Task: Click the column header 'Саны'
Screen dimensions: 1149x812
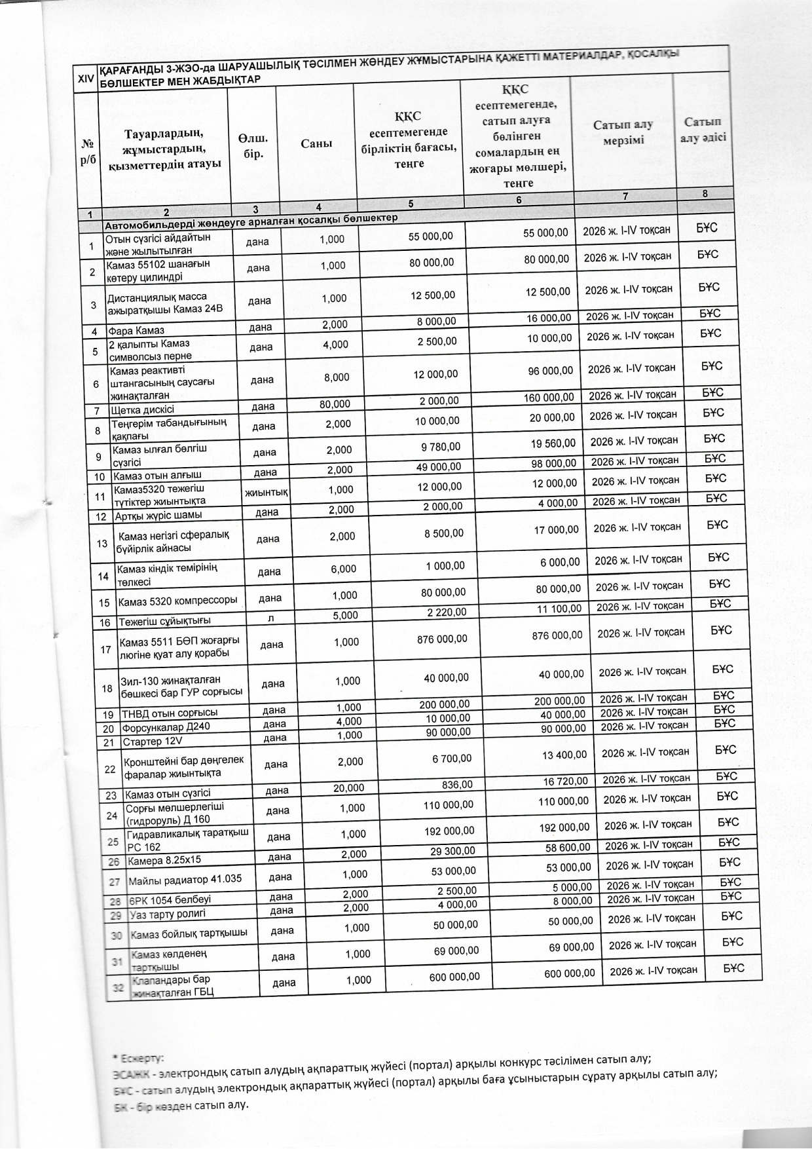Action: (x=316, y=143)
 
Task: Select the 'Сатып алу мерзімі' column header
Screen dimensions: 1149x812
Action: (x=623, y=132)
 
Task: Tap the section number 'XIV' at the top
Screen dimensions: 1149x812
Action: (x=85, y=79)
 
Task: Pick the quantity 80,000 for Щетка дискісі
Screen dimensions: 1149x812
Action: (x=334, y=404)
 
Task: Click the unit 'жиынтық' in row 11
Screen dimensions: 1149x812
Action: (x=267, y=492)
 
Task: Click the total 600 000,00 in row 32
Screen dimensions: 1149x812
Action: (x=570, y=973)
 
